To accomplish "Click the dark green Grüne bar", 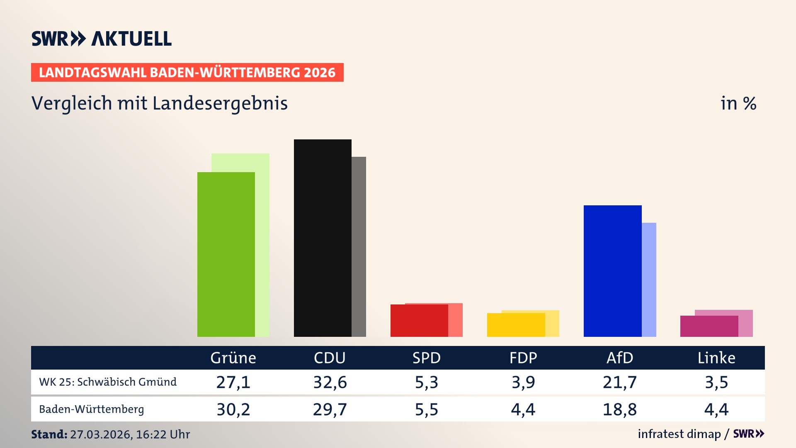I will (x=226, y=254).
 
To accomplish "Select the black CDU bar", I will (x=323, y=238).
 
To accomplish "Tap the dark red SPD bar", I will (x=419, y=321).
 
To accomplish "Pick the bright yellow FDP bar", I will (x=516, y=325).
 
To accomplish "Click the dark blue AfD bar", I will (x=612, y=271).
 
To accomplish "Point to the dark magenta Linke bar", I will (x=709, y=326).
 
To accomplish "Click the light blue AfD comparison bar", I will (x=649, y=279).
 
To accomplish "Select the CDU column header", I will (x=330, y=358).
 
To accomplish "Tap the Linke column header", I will (x=716, y=358).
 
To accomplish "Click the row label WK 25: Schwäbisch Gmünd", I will (x=108, y=382).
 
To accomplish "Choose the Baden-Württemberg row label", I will (x=92, y=409).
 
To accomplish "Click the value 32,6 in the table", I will (x=330, y=382).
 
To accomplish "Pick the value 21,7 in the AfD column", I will (x=619, y=382).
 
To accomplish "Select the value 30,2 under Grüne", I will (x=233, y=409).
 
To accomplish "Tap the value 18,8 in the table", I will (x=619, y=409).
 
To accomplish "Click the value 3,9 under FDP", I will (x=523, y=382).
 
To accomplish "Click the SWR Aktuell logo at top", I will (x=102, y=39).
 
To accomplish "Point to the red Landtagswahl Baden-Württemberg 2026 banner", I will (x=187, y=72).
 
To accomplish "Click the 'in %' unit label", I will (x=738, y=103).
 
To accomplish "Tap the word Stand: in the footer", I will (x=49, y=434).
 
